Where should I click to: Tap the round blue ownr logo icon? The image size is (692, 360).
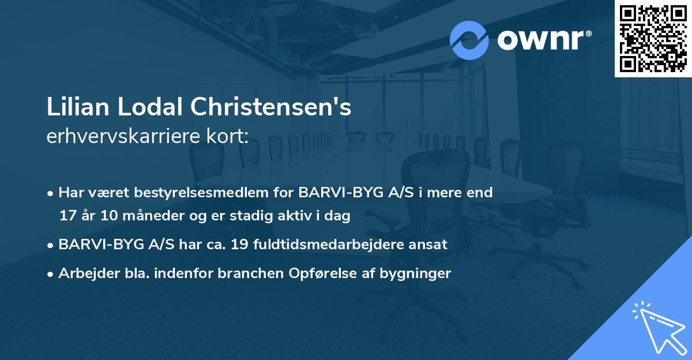[x=469, y=40]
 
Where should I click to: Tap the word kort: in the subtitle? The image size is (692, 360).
[x=230, y=136]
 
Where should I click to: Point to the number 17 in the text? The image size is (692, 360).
[x=67, y=216]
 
